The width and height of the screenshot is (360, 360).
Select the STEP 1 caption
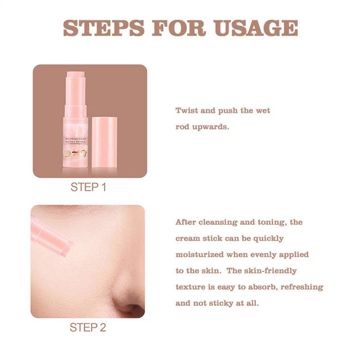click(x=88, y=187)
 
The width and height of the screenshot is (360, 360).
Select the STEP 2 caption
click(x=88, y=327)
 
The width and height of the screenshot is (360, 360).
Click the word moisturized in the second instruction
click(x=200, y=254)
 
